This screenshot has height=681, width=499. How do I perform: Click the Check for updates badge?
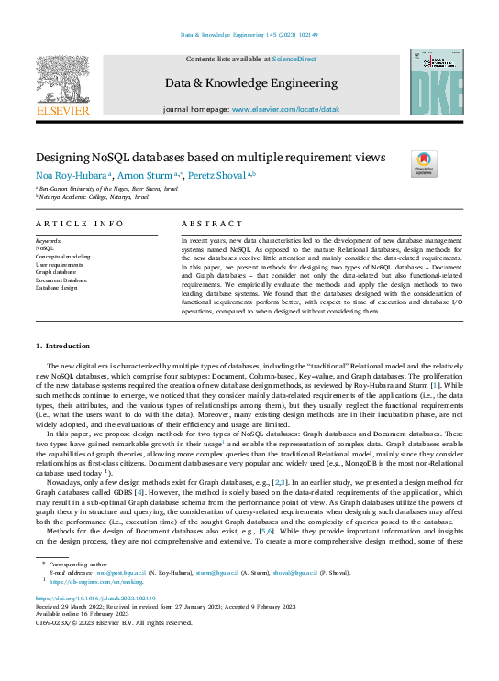pyautogui.click(x=425, y=163)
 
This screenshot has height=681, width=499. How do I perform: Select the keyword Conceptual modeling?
pyautogui.click(x=62, y=258)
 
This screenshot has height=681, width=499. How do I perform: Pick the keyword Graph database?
pyautogui.click(x=58, y=272)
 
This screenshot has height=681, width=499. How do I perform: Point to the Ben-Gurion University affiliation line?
pyautogui.click(x=100, y=187)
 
